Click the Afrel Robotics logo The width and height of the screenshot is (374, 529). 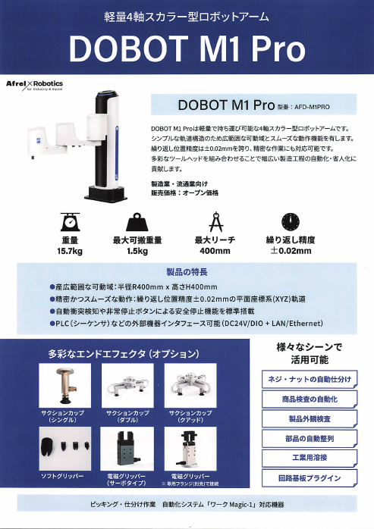click(34, 84)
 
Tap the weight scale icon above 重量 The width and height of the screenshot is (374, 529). click(70, 221)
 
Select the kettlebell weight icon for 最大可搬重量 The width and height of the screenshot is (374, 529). click(137, 221)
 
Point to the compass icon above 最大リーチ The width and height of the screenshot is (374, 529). click(214, 221)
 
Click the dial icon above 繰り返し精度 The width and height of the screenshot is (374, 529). click(289, 221)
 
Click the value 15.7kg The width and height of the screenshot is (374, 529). click(70, 250)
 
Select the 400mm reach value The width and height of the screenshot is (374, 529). click(214, 250)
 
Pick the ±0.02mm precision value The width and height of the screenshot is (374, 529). click(289, 250)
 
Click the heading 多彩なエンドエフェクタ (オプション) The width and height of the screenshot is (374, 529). click(124, 353)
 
